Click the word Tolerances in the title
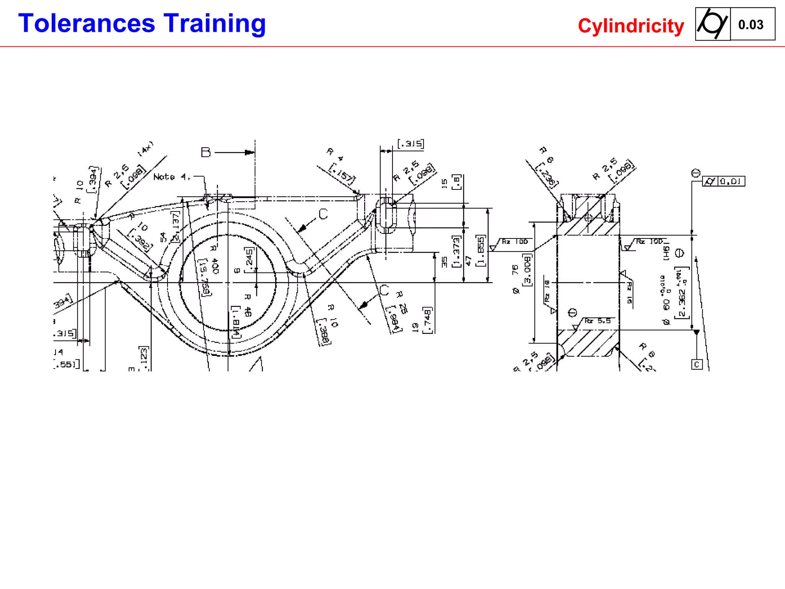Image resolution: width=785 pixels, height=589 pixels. pyautogui.click(x=87, y=24)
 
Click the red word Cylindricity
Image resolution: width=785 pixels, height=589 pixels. pyautogui.click(x=631, y=26)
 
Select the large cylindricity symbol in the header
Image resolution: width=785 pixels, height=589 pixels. pyautogui.click(x=712, y=24)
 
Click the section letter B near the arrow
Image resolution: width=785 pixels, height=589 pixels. pyautogui.click(x=206, y=152)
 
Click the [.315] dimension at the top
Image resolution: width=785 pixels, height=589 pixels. pyautogui.click(x=411, y=144)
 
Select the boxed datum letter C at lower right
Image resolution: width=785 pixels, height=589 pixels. pyautogui.click(x=697, y=364)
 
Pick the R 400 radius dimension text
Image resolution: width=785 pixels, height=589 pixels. pyautogui.click(x=214, y=260)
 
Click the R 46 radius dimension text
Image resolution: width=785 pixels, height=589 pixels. pyautogui.click(x=248, y=305)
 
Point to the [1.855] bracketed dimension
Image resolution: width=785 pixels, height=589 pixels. pyautogui.click(x=481, y=251)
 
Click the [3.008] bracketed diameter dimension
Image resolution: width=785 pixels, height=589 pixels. pyautogui.click(x=527, y=268)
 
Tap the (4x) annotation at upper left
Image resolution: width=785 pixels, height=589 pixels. pyautogui.click(x=146, y=148)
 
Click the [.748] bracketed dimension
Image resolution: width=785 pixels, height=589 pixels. pyautogui.click(x=428, y=320)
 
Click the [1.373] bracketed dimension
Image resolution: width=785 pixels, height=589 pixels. pyautogui.click(x=456, y=252)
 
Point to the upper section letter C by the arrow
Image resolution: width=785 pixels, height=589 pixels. pyautogui.click(x=323, y=214)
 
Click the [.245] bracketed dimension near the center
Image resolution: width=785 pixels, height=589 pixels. pyautogui.click(x=249, y=260)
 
